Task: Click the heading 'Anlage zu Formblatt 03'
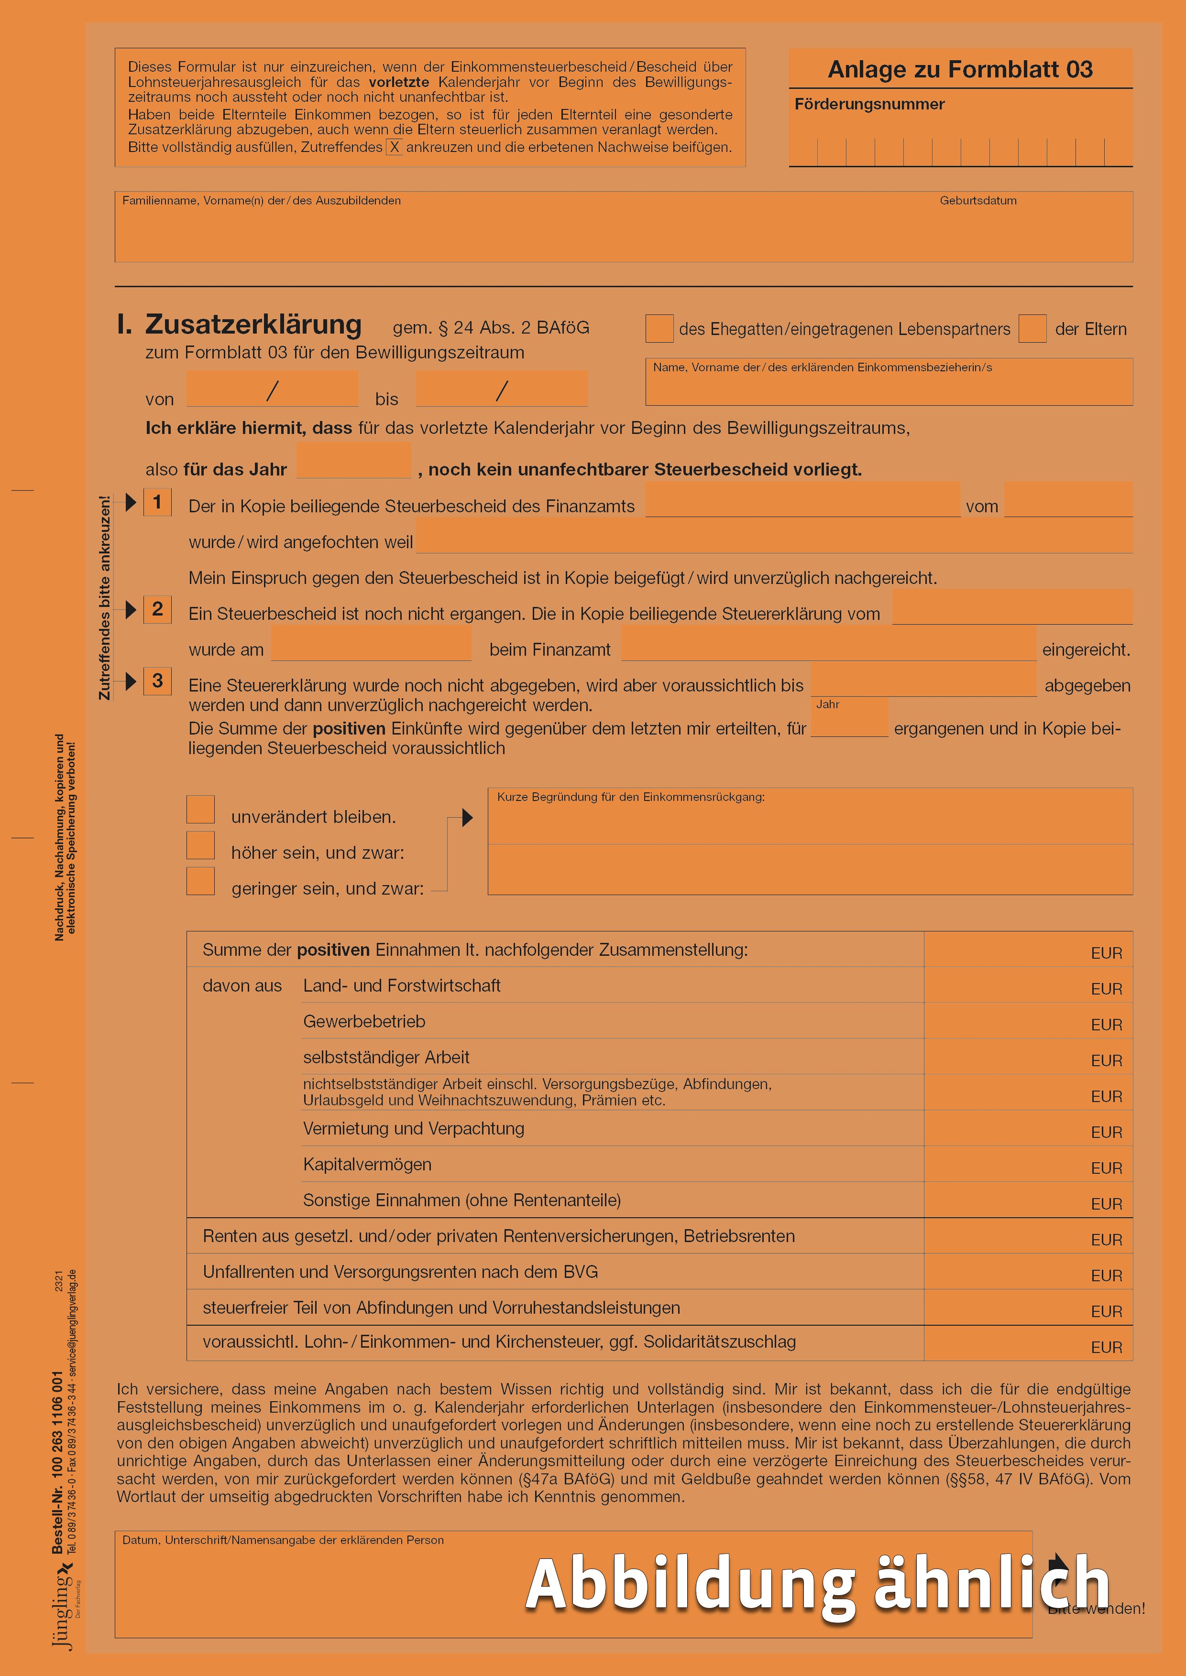tap(960, 69)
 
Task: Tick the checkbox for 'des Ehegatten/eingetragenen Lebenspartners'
tap(659, 328)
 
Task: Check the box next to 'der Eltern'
tap(1032, 328)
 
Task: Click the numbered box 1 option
tap(157, 502)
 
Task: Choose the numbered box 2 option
tap(157, 609)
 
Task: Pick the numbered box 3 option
tap(157, 681)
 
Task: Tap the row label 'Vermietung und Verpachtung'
tap(413, 1128)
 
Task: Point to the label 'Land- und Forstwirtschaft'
tap(402, 985)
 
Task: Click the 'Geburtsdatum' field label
tap(978, 201)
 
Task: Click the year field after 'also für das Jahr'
tap(353, 461)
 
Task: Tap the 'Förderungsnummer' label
tap(869, 104)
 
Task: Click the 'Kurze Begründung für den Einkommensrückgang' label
tap(631, 797)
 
